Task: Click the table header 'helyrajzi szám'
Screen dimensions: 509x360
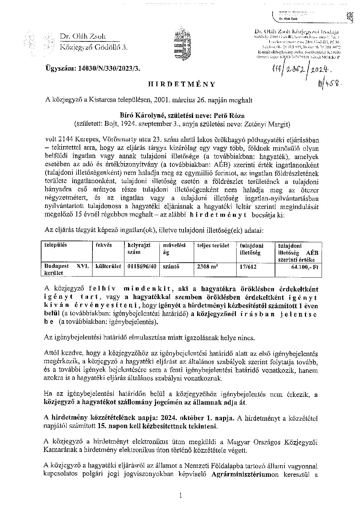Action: click(x=139, y=248)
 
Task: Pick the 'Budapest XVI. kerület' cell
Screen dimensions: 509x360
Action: click(x=65, y=269)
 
